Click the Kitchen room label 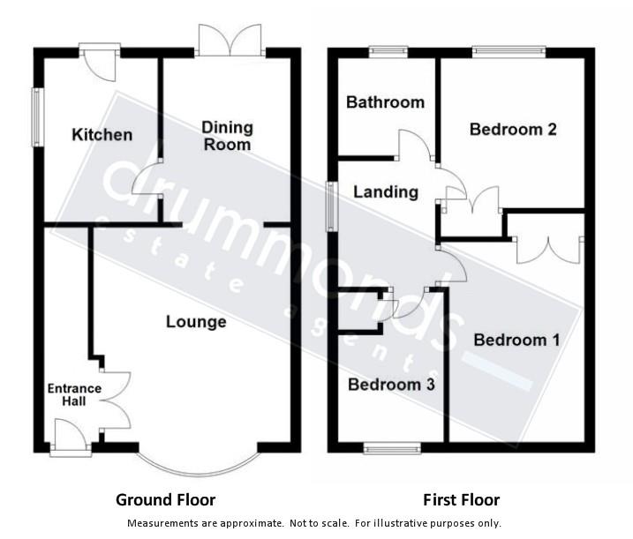[102, 135]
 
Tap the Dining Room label [227, 135]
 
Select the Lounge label [196, 322]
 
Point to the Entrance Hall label [74, 395]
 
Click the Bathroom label [385, 102]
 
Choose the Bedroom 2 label [513, 130]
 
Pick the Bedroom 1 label [516, 340]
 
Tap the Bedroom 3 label [391, 385]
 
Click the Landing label [386, 191]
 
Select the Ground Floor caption [165, 500]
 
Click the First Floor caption [461, 500]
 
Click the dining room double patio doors [230, 41]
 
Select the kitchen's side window [37, 116]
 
